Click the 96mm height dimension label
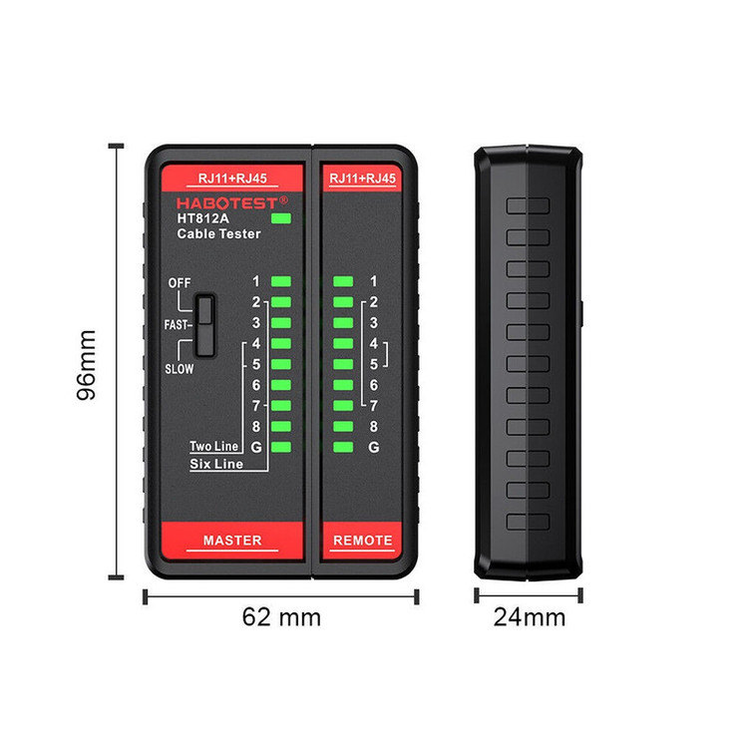(87, 364)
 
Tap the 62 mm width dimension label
(281, 617)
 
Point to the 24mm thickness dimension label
(529, 617)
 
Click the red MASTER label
(232, 541)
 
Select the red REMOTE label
(363, 541)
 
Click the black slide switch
(206, 325)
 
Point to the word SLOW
(180, 368)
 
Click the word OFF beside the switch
(179, 282)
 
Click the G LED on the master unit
(280, 448)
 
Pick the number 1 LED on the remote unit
(344, 281)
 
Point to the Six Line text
(214, 465)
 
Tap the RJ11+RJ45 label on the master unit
(232, 179)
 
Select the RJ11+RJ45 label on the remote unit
(363, 179)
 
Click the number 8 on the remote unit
(373, 427)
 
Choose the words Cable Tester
(218, 234)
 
